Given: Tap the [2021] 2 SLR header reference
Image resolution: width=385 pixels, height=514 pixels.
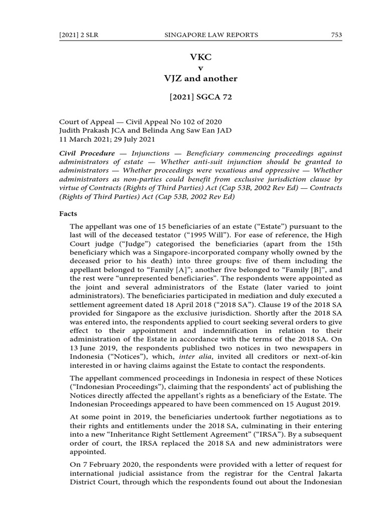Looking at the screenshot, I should [x=75, y=35].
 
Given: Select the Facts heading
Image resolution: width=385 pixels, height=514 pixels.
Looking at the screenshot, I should [x=68, y=213].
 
